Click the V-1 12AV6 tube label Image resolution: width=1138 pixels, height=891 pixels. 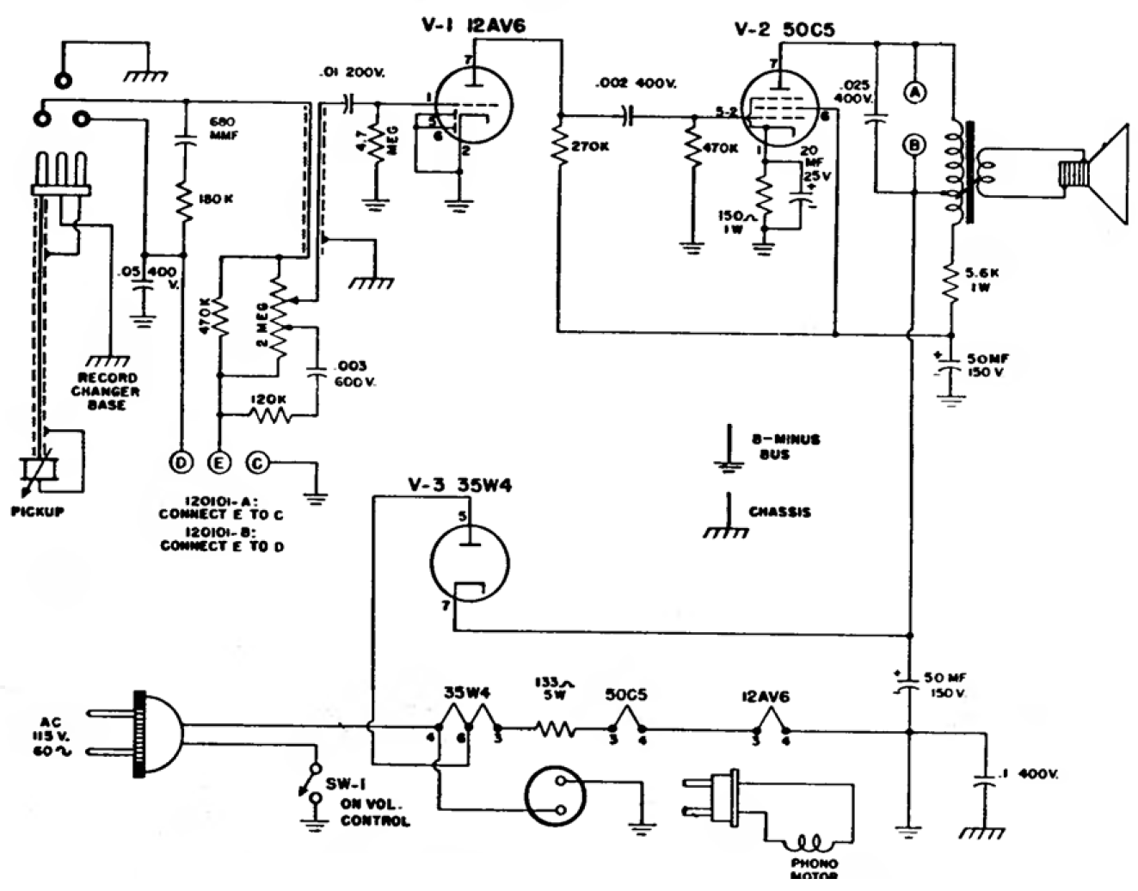[x=472, y=25]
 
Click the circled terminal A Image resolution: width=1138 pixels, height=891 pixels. [x=917, y=94]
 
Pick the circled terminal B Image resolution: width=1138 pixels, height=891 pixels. [x=914, y=144]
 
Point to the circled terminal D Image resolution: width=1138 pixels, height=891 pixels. [x=182, y=462]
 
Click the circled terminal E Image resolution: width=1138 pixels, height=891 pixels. [x=220, y=462]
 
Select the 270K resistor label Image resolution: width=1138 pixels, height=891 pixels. [x=589, y=146]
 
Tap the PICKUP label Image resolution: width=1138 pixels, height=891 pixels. [x=38, y=511]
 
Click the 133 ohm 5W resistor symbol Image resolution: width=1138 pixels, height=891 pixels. [x=555, y=730]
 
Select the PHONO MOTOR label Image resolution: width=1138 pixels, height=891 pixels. [x=815, y=869]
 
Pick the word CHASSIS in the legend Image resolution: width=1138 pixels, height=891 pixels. [x=779, y=512]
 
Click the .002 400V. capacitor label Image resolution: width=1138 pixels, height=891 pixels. [x=636, y=83]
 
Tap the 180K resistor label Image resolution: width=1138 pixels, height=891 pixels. [x=216, y=200]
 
